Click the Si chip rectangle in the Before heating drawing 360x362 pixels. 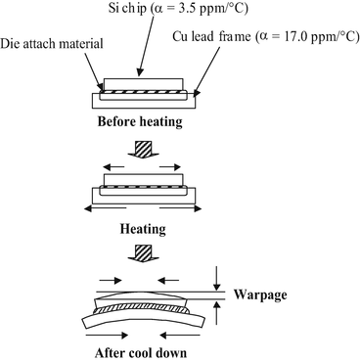click(x=146, y=84)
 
